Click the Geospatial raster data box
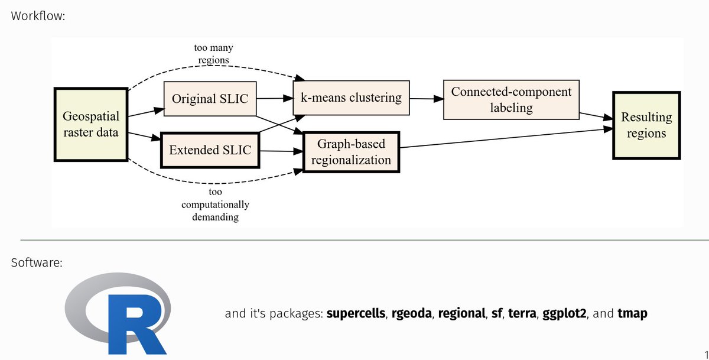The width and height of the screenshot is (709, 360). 91,124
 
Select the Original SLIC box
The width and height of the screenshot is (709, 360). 210,99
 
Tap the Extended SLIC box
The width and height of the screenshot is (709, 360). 210,150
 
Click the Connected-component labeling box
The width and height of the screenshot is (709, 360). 511,99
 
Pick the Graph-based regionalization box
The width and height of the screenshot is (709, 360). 351,152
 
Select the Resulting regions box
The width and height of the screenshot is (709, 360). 646,125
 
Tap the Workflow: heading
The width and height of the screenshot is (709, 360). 38,15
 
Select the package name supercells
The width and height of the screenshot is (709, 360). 356,313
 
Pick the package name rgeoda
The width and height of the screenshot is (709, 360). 411,313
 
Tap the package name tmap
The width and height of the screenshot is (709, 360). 632,313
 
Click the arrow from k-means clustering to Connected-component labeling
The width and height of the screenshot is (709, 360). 425,99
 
